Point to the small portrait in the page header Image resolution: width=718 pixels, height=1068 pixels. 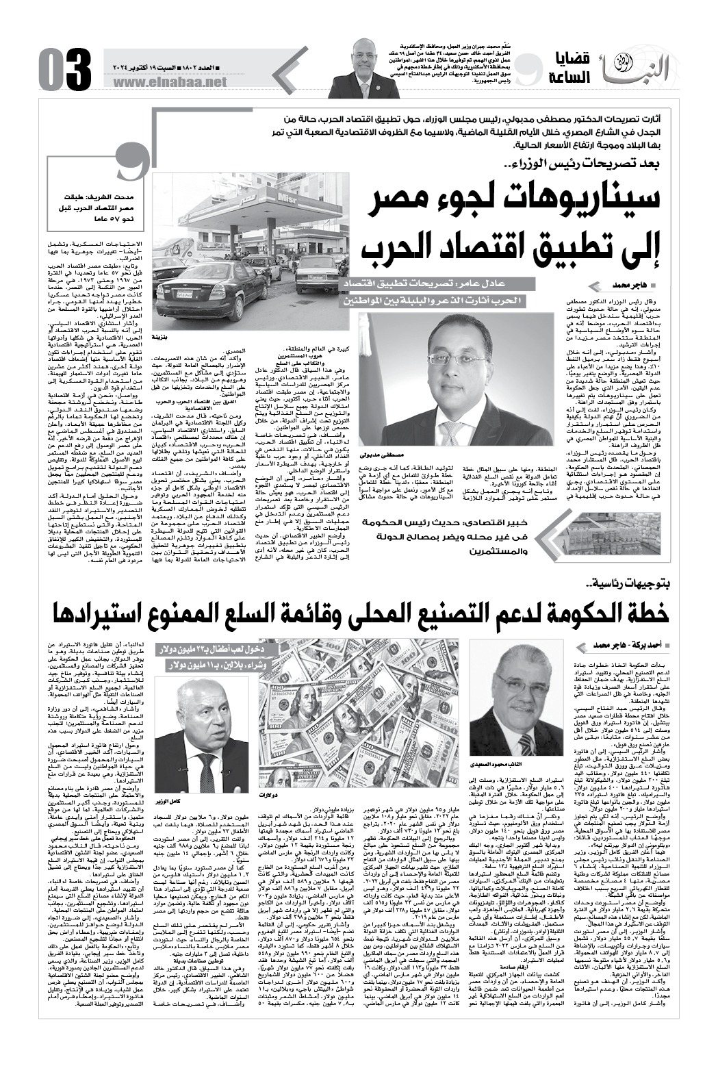(x=362, y=69)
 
